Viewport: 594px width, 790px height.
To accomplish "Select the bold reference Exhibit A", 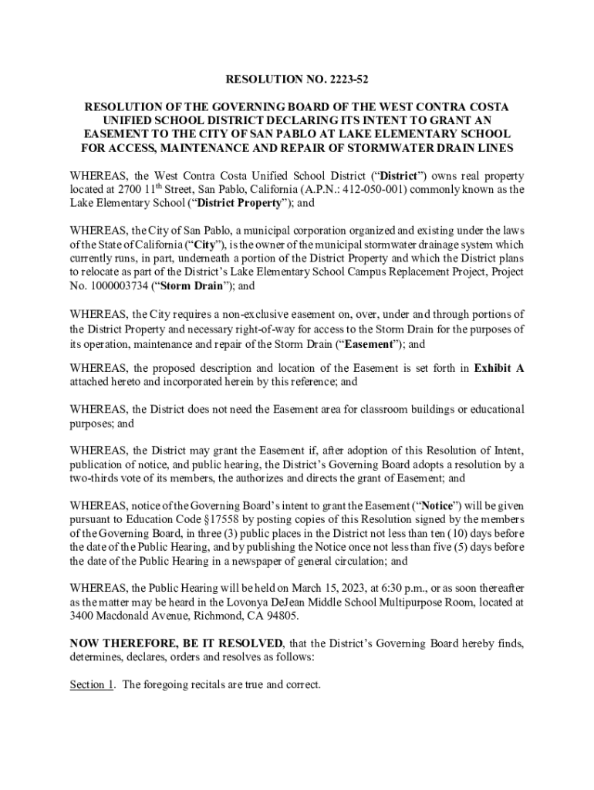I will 498,368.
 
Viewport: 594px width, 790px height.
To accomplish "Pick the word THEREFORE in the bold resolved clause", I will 131,643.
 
